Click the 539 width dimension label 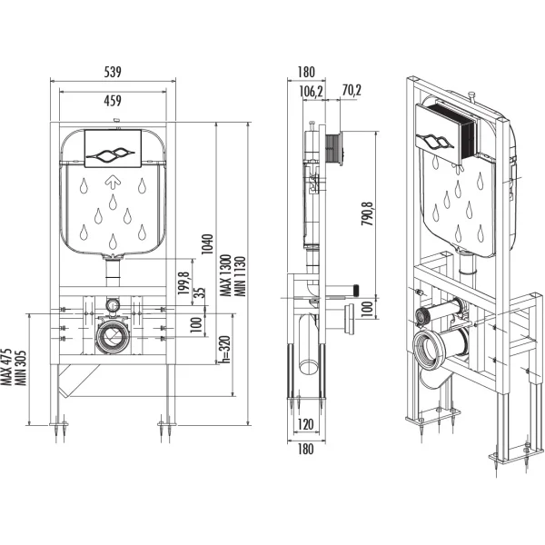point(112,71)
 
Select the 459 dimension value point(112,100)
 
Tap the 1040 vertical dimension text point(207,243)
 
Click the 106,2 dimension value point(312,90)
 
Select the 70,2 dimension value point(352,90)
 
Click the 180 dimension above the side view point(306,71)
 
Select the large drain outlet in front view point(113,337)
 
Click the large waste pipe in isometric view point(434,349)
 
